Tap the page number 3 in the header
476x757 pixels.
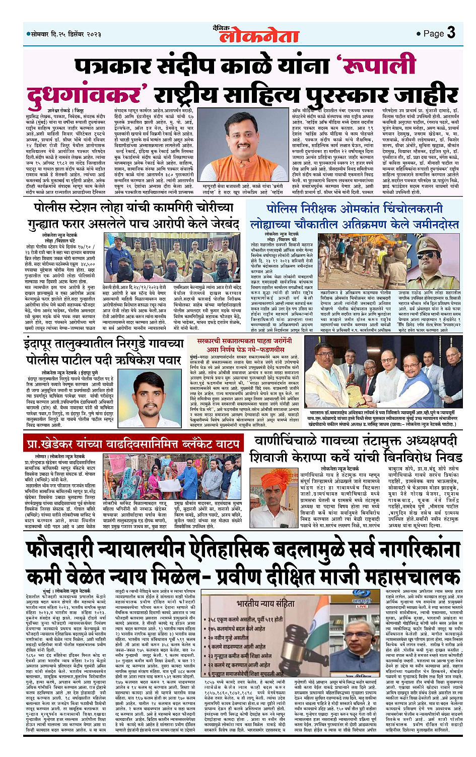tap(451, 33)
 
